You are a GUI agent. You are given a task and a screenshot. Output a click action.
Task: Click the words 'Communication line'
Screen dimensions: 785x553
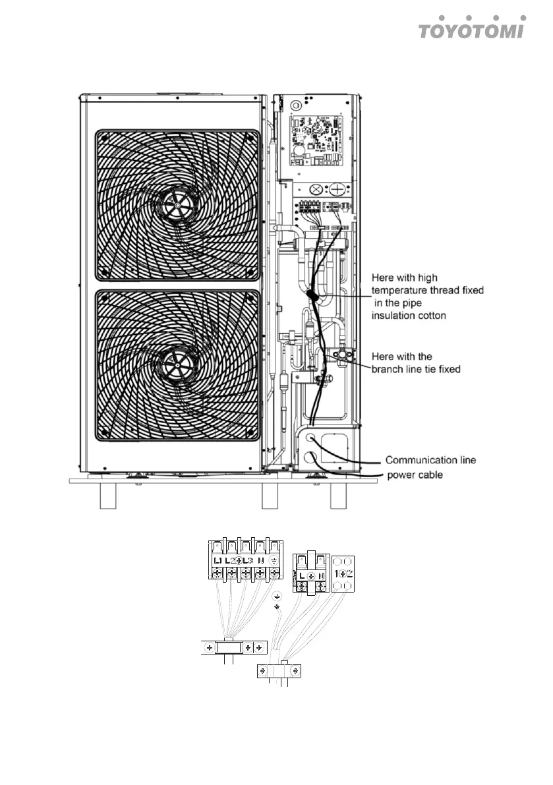pyautogui.click(x=430, y=460)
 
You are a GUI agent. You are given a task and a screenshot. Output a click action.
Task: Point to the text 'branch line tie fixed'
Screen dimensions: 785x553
pyautogui.click(x=416, y=369)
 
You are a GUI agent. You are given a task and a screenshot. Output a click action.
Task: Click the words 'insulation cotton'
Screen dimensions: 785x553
pyautogui.click(x=409, y=316)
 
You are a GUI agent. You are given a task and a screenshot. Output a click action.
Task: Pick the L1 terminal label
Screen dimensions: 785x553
pyautogui.click(x=218, y=560)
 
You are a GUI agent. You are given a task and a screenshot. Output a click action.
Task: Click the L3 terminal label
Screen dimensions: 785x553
pyautogui.click(x=248, y=560)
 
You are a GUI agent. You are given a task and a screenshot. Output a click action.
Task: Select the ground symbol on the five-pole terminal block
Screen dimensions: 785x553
pyautogui.click(x=273, y=560)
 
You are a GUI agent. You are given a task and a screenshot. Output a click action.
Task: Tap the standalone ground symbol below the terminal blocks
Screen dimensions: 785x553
pyautogui.click(x=277, y=596)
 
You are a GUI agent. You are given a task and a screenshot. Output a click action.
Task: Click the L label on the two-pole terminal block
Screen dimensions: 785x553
pyautogui.click(x=301, y=575)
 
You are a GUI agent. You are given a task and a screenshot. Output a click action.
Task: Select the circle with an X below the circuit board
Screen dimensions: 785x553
pyautogui.click(x=316, y=189)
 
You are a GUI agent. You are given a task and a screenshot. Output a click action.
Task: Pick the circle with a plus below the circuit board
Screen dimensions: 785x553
pyautogui.click(x=338, y=189)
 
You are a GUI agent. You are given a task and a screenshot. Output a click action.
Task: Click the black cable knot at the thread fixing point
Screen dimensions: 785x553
pyautogui.click(x=314, y=298)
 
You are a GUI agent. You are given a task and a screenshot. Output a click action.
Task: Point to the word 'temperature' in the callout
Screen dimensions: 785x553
pyautogui.click(x=400, y=290)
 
